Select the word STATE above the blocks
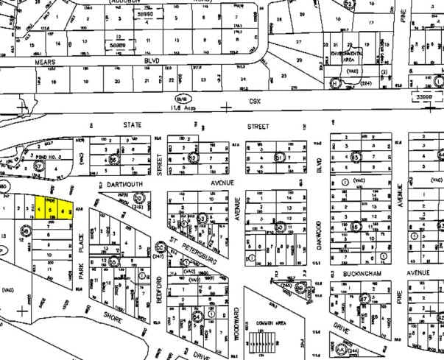coord(133,125)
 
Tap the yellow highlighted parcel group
coord(54,209)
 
